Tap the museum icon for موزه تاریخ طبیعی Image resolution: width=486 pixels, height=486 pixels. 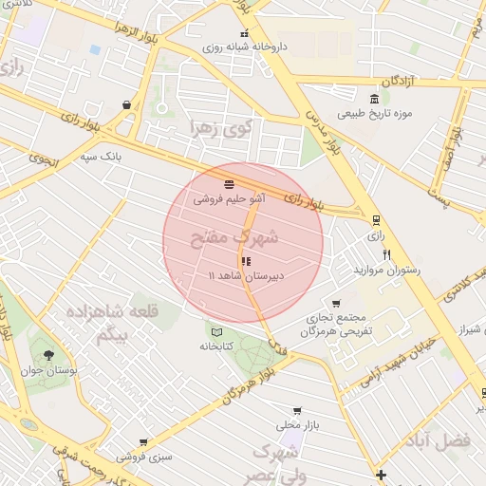(375, 99)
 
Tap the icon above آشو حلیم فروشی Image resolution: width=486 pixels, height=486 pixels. (230, 184)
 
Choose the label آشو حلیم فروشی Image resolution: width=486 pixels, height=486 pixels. (230, 199)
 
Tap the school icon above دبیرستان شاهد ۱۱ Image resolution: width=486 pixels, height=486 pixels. (246, 260)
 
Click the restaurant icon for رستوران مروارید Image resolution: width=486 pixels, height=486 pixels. (386, 254)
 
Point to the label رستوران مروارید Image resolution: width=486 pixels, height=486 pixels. (386, 271)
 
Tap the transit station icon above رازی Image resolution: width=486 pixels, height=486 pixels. (376, 219)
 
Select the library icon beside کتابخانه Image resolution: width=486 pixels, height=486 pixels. (217, 331)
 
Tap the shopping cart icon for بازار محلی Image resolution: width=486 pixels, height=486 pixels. (297, 411)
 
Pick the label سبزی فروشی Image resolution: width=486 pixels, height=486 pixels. (145, 457)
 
